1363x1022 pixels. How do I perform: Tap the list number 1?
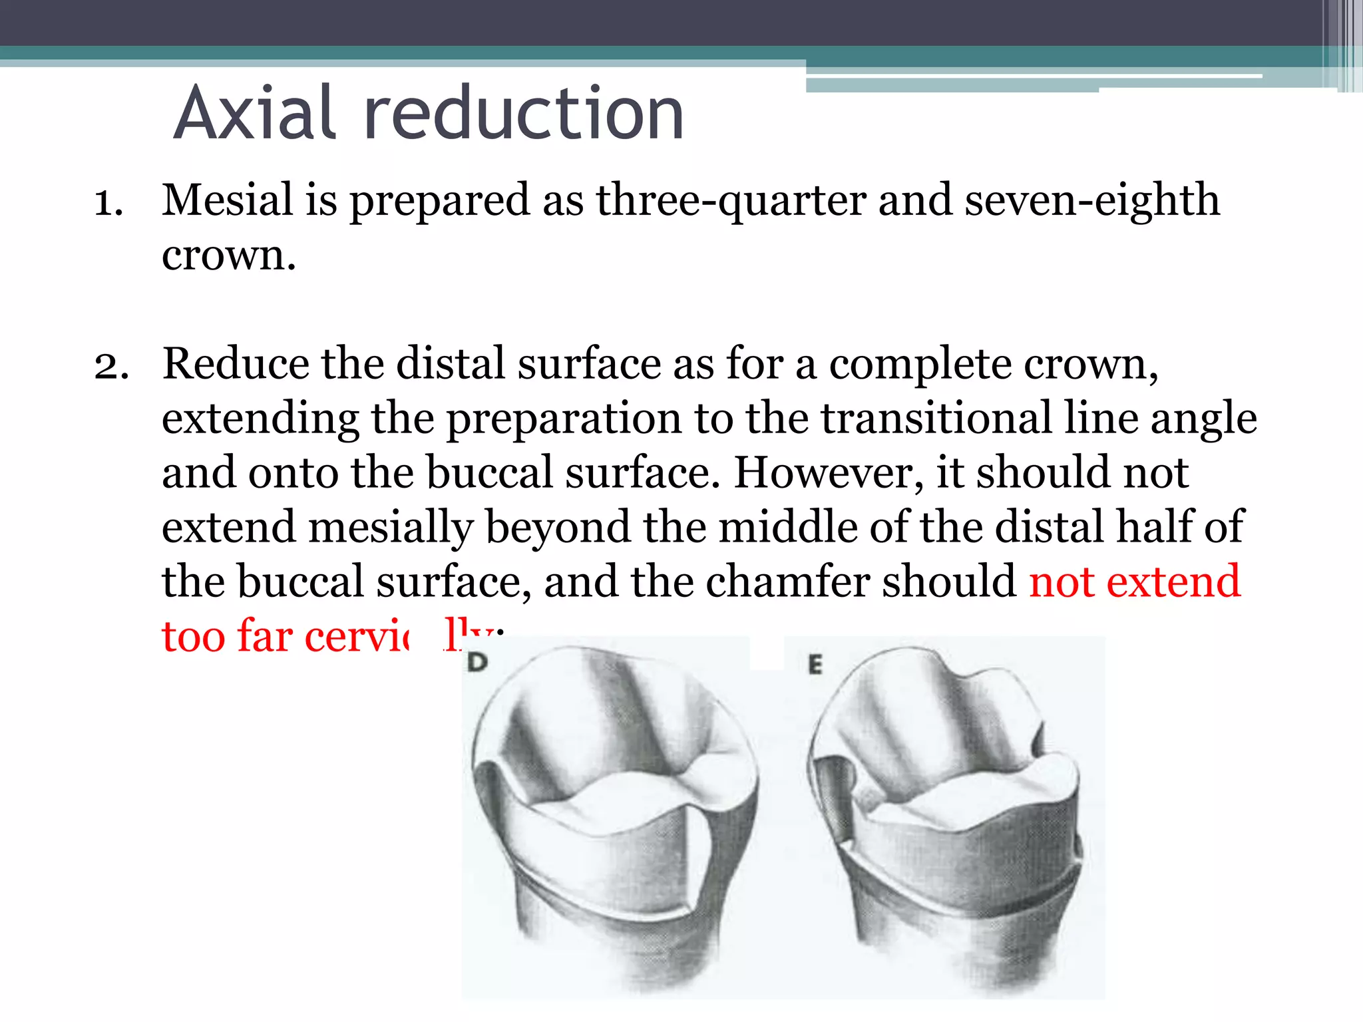(108, 202)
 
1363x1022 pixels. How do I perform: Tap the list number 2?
(111, 366)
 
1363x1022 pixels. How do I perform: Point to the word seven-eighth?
(1091, 202)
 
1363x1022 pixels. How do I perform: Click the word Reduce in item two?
(236, 364)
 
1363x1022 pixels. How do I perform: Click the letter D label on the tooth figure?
(478, 662)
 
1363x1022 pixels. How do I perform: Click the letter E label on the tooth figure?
(815, 664)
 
